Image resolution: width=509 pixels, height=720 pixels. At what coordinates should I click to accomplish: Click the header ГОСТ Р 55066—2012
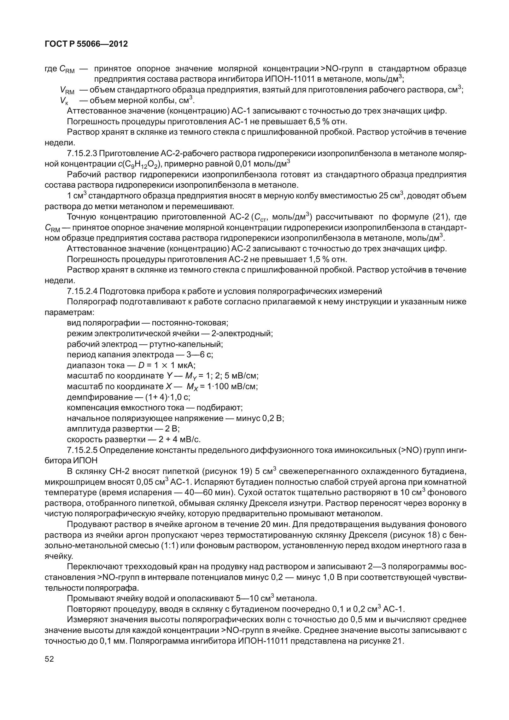(x=86, y=44)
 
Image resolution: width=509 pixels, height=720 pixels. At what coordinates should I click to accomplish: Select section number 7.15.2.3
(x=82, y=154)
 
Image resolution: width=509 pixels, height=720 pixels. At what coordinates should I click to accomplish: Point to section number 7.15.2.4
(x=82, y=291)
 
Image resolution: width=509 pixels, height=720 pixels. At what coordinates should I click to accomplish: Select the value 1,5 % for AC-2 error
(x=315, y=259)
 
